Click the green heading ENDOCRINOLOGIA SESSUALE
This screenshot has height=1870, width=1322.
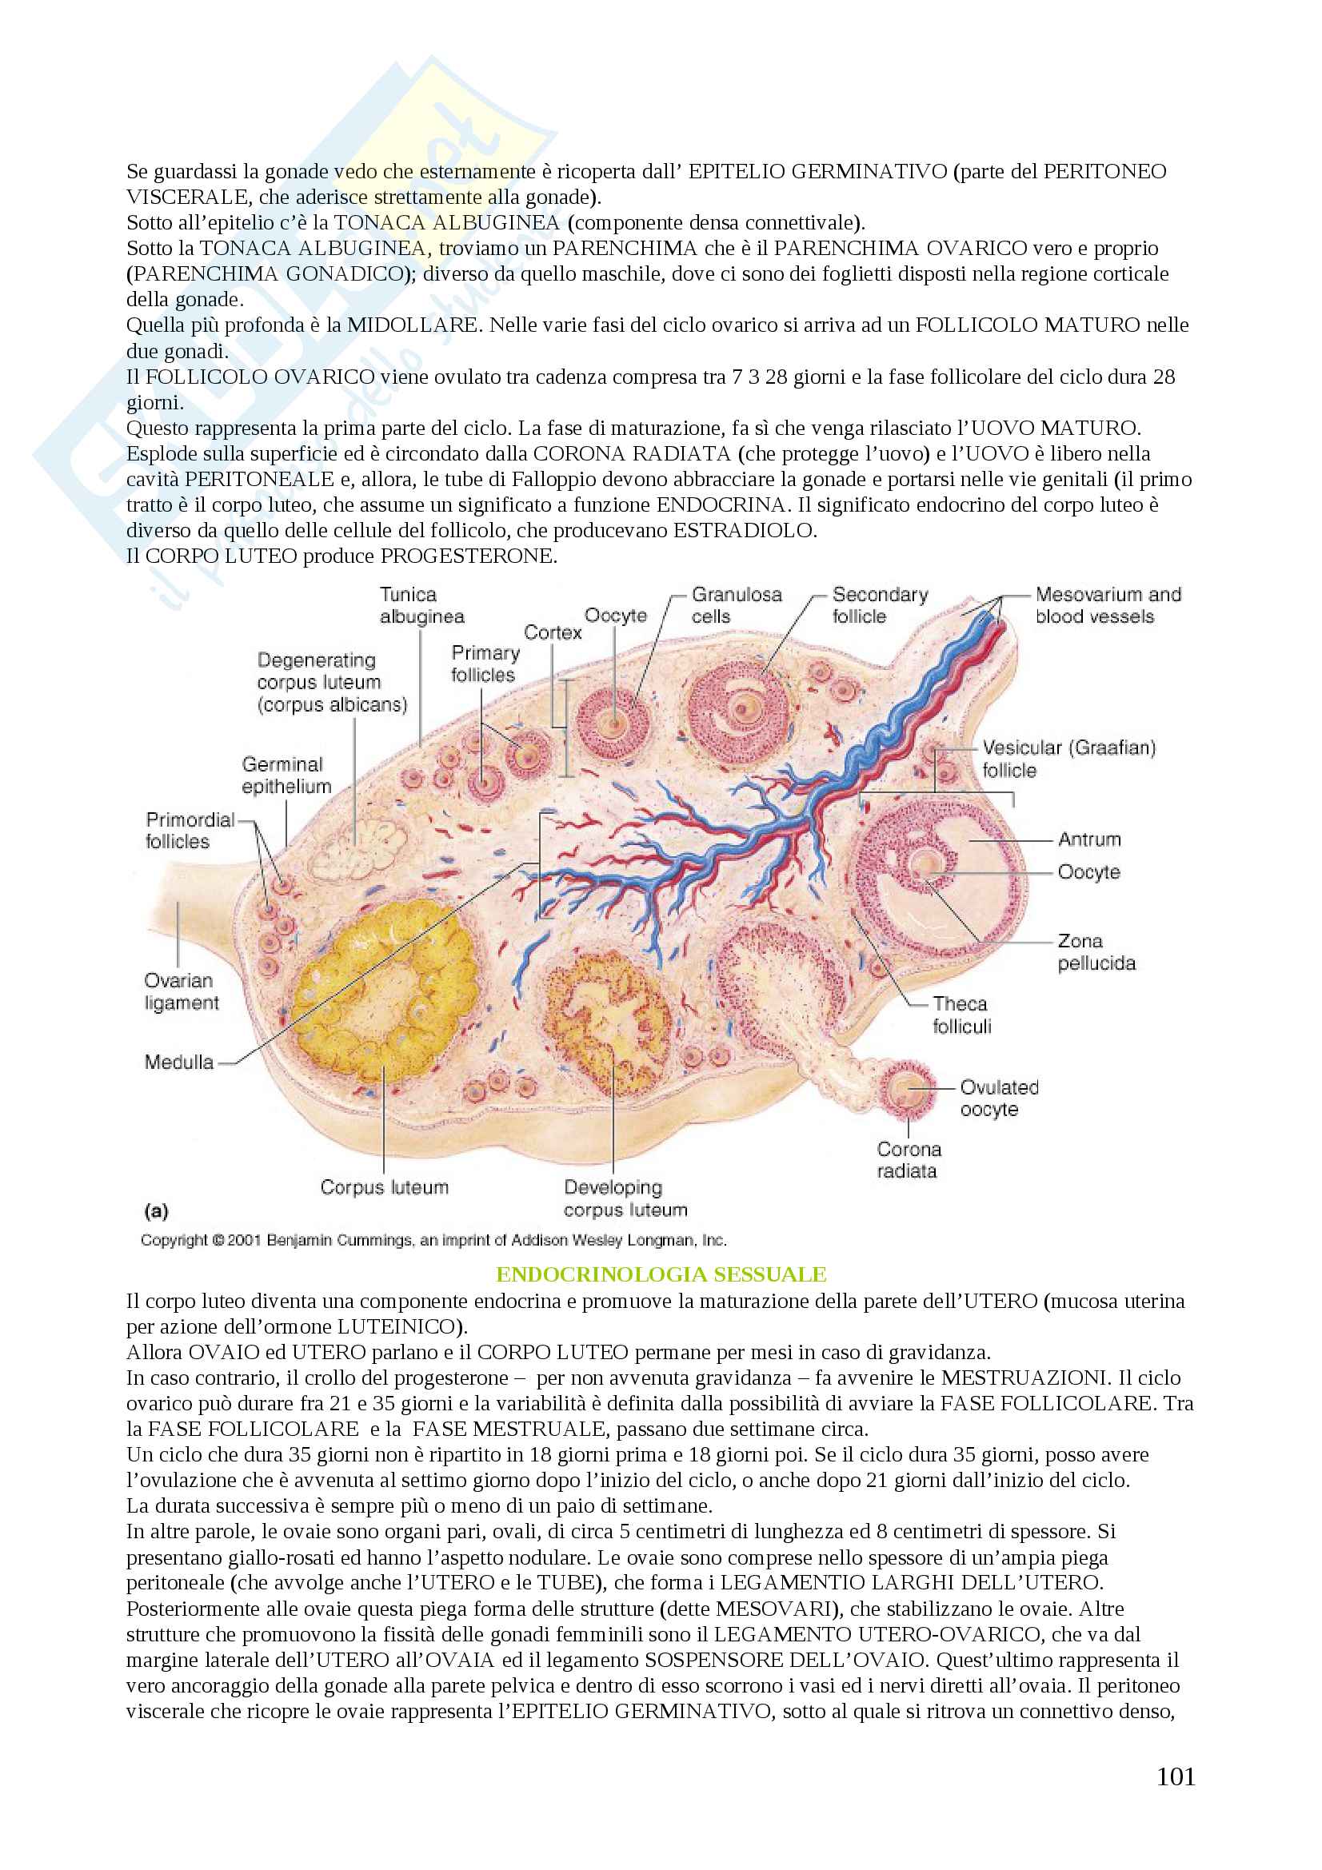661,1274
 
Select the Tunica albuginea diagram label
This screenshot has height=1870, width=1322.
421,606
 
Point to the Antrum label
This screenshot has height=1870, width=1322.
1089,839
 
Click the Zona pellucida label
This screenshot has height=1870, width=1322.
1096,952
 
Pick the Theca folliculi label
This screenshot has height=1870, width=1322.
961,1015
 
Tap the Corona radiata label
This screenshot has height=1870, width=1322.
909,1160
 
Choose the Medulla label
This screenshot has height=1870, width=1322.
179,1062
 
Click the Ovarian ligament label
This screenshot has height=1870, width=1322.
181,991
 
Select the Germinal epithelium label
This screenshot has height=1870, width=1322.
286,776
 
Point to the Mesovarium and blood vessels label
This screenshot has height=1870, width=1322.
1107,605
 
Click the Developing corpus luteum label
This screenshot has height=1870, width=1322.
625,1198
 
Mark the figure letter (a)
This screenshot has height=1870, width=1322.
156,1211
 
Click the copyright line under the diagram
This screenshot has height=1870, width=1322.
433,1240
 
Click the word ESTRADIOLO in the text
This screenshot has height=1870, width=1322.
743,530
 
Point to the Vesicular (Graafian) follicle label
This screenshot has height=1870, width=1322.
1067,759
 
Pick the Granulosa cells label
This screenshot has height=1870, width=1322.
736,605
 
